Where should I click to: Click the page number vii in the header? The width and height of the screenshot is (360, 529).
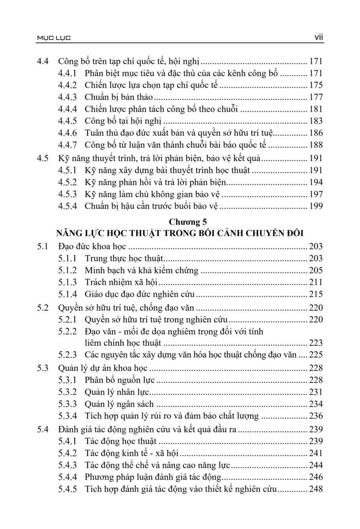click(318, 39)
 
